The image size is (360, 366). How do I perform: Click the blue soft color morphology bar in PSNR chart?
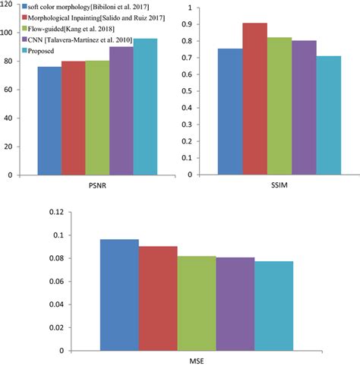point(50,121)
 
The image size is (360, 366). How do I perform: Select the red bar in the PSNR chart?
point(74,118)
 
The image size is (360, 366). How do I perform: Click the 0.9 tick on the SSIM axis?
point(201,25)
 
